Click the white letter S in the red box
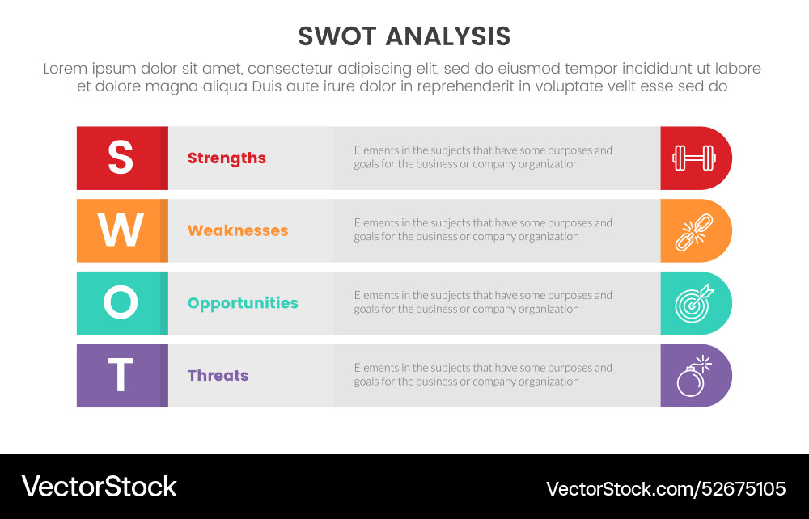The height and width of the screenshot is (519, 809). pyautogui.click(x=121, y=158)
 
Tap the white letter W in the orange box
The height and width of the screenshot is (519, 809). pyautogui.click(x=121, y=230)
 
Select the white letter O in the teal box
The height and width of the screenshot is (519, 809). pyautogui.click(x=121, y=303)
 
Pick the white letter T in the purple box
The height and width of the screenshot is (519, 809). pyautogui.click(x=121, y=376)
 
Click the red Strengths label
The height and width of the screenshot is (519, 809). pyautogui.click(x=227, y=158)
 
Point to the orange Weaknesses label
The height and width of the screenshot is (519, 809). pyautogui.click(x=238, y=230)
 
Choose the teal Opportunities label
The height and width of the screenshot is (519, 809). pyautogui.click(x=243, y=303)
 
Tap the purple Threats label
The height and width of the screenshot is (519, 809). pyautogui.click(x=218, y=376)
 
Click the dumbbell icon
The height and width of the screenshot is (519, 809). pyautogui.click(x=694, y=158)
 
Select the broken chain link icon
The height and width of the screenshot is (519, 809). pyautogui.click(x=694, y=231)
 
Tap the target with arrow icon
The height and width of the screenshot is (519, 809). pyautogui.click(x=694, y=303)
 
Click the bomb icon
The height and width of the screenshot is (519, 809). pyautogui.click(x=693, y=376)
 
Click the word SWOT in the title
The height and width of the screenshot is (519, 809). pyautogui.click(x=337, y=36)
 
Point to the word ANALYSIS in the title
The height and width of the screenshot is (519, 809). pyautogui.click(x=447, y=36)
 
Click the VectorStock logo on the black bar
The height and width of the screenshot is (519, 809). pyautogui.click(x=99, y=486)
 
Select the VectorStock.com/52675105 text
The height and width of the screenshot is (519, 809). pyautogui.click(x=666, y=488)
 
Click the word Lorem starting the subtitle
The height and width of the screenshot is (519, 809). pyautogui.click(x=64, y=69)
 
